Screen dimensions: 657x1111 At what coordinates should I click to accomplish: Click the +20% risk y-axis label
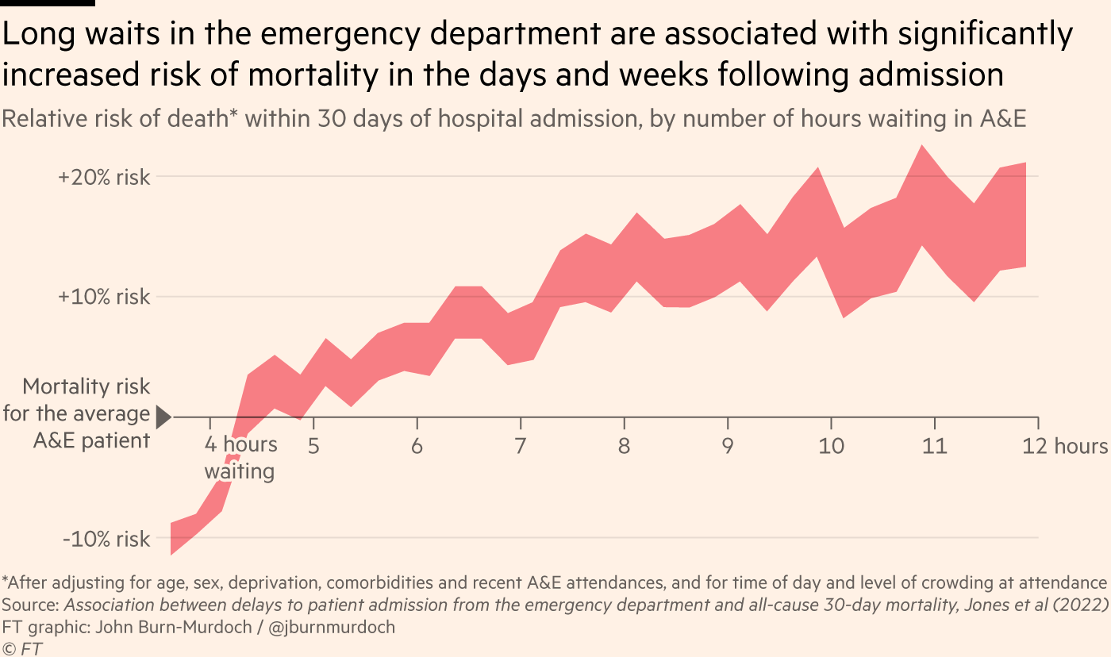[104, 177]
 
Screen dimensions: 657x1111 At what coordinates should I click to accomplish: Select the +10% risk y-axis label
[104, 298]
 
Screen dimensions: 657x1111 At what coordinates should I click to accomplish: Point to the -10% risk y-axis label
[106, 540]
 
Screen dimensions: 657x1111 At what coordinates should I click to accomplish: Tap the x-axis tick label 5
[313, 445]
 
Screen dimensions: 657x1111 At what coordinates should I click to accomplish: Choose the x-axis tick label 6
[417, 445]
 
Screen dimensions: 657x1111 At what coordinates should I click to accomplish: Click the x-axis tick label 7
[520, 445]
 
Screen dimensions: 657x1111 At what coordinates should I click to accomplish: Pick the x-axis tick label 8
[624, 445]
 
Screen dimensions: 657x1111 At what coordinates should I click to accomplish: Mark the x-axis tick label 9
[727, 445]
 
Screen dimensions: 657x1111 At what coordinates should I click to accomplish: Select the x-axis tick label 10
[831, 445]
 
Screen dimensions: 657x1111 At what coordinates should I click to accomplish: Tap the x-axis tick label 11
[934, 445]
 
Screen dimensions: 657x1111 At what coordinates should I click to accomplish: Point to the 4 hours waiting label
[240, 457]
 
